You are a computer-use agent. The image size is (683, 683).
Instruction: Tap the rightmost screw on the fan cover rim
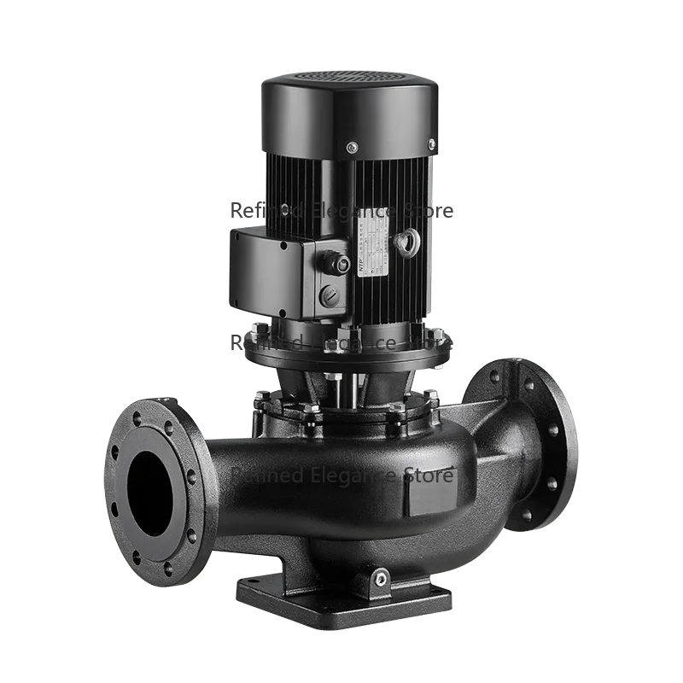tap(431, 143)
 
